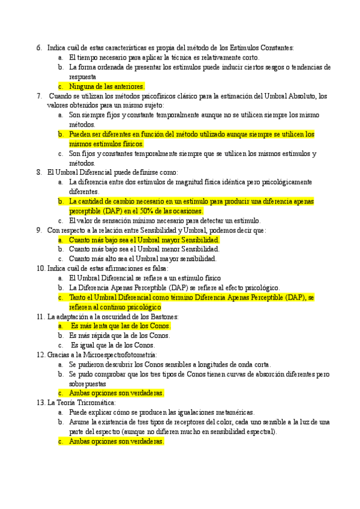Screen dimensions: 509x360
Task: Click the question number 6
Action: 38,48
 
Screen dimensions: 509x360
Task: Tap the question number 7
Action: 38,96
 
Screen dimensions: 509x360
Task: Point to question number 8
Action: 38,172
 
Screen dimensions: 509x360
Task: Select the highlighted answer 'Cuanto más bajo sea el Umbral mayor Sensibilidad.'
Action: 144,239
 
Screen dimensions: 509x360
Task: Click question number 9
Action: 38,230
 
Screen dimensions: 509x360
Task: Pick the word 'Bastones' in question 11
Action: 164,316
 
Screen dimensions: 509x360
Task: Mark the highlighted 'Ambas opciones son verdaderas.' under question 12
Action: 116,393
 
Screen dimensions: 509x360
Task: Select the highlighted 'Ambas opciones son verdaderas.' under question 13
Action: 116,441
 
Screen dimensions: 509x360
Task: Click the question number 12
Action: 40,355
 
